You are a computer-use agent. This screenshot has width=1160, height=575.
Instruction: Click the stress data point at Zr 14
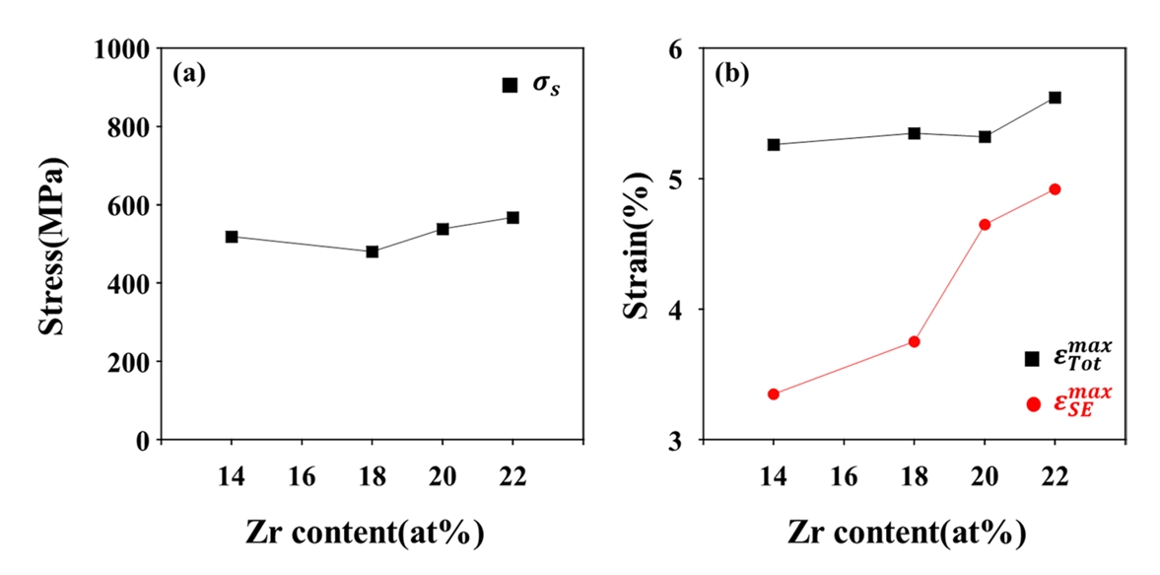232,237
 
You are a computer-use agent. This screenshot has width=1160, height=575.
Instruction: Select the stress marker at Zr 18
373,252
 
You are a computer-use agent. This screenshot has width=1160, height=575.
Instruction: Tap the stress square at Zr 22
512,217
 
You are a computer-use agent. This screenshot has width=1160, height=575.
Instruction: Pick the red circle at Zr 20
985,225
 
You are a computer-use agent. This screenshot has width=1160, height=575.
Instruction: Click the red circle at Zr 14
774,395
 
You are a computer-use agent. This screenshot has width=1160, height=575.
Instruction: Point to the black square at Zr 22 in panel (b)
1055,98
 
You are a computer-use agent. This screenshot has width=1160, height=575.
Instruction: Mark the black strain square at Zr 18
915,133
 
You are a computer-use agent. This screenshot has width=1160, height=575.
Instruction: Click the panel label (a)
188,74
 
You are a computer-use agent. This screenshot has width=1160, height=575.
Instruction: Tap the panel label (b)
731,74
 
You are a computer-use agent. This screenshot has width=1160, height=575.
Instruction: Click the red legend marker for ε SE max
1033,403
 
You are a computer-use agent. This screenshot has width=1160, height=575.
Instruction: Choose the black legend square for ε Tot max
1033,359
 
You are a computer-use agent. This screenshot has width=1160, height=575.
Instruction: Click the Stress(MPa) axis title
54,245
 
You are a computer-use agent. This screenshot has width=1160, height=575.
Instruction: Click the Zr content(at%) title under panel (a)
365,534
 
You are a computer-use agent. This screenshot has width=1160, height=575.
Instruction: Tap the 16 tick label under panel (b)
843,477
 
